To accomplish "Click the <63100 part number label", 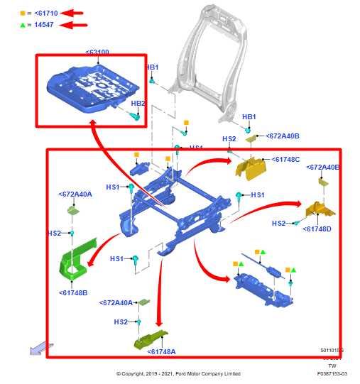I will pyautogui.click(x=98, y=53).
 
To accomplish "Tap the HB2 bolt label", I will pyautogui.click(x=138, y=104).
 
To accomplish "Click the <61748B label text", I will pyautogui.click(x=72, y=292).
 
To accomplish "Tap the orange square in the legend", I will pyautogui.click(x=22, y=13).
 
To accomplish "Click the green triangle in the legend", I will pyautogui.click(x=22, y=25).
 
